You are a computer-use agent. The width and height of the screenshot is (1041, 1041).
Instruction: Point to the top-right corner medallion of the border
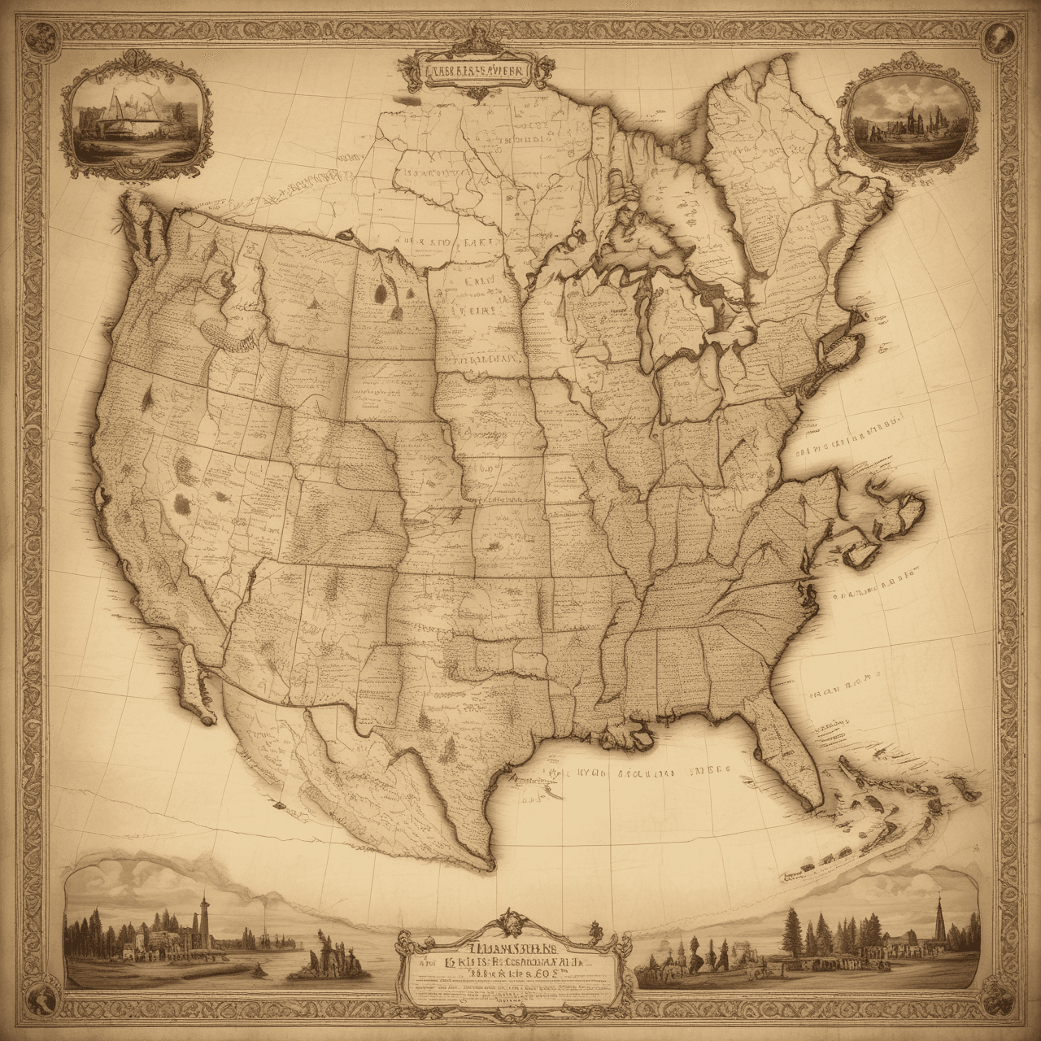pos(997,37)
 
